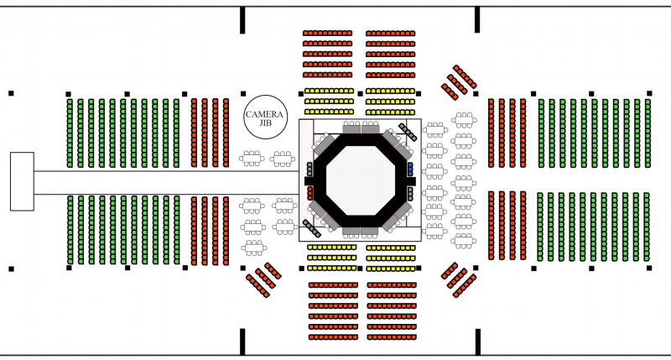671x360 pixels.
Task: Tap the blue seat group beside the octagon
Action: tap(410, 169)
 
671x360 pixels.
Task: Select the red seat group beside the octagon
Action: tap(309, 192)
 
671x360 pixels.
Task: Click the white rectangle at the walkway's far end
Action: tap(22, 181)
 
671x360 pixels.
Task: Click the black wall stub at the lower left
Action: tap(243, 341)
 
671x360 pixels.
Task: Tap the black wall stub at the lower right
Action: tap(477, 341)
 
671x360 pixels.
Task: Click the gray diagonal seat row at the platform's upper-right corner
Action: tap(408, 132)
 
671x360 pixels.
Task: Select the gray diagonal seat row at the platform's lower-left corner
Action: tap(310, 227)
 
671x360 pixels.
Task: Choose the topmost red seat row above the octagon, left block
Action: tap(327, 33)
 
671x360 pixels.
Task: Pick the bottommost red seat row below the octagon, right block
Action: tap(391, 337)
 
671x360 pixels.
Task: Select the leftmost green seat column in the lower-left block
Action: tap(70, 229)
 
